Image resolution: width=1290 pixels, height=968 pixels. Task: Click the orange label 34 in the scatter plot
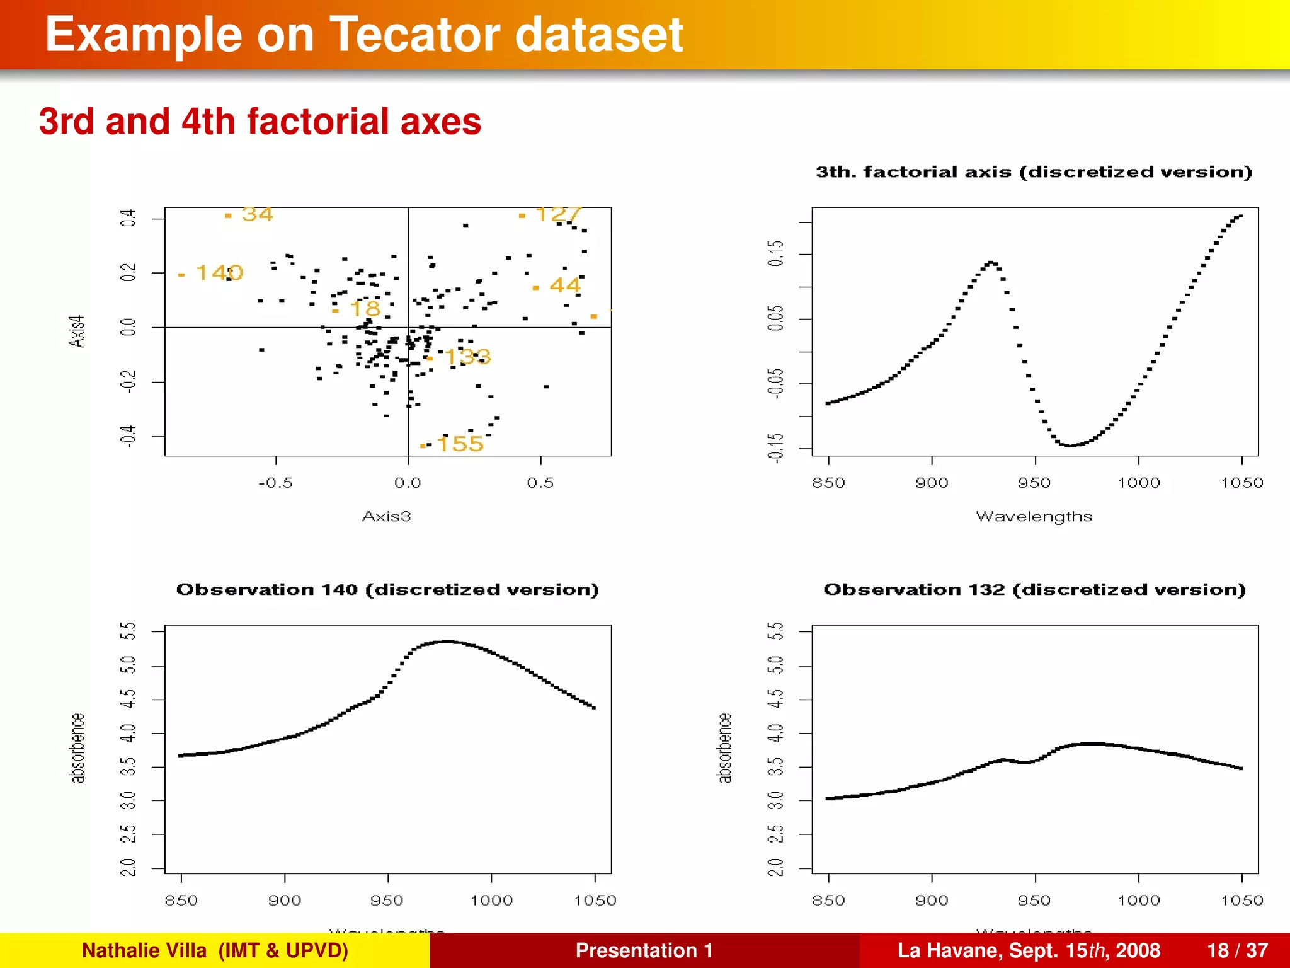tap(257, 214)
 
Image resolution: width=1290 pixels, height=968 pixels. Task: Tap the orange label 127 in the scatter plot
tap(557, 214)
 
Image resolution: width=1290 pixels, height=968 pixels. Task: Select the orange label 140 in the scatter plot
tap(219, 272)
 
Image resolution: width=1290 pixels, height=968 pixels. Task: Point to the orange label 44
tap(564, 285)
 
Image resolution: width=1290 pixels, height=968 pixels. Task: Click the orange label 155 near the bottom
tap(460, 444)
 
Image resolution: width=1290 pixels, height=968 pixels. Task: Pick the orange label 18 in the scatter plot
tap(365, 309)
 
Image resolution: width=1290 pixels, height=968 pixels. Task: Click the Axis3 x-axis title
tap(386, 516)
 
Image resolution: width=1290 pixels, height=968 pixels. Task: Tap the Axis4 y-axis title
tap(76, 331)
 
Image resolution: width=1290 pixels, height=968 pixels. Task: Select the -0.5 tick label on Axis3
tap(275, 483)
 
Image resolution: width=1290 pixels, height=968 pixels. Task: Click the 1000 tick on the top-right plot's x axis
tap(1138, 483)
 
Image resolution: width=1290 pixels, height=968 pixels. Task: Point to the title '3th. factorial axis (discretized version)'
tap(1034, 172)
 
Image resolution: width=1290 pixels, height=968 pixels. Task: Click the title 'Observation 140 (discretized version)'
tap(387, 589)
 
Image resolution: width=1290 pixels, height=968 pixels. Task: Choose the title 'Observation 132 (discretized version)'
tap(1034, 589)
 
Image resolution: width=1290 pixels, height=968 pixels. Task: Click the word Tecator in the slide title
tap(416, 35)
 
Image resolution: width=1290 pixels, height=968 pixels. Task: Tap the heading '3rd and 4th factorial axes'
tap(260, 121)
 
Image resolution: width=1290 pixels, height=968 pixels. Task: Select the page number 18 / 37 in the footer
tap(1237, 950)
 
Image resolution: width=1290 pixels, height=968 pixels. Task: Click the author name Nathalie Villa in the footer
tap(144, 950)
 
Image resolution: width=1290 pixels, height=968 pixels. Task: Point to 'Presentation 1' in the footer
tap(644, 950)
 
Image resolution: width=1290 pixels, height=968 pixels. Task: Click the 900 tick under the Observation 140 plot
tap(285, 901)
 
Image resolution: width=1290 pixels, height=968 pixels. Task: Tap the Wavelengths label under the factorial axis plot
tap(1034, 516)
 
